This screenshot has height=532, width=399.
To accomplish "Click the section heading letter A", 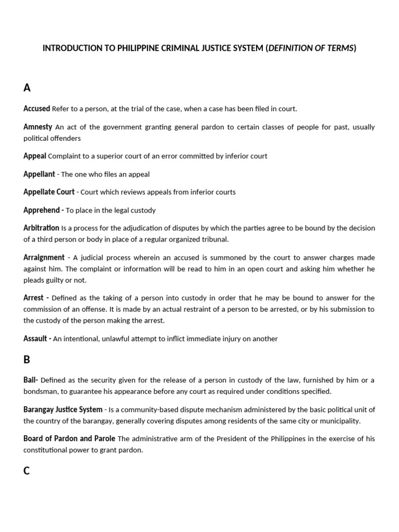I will click(x=27, y=88).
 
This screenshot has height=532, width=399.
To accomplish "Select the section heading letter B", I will click(x=27, y=360).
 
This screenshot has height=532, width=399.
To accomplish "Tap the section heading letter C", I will click(x=27, y=471).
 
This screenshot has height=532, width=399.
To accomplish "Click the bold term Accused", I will click(x=36, y=109).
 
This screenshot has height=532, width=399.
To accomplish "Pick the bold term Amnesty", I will click(x=38, y=127).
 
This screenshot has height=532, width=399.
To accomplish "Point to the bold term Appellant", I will click(x=39, y=174).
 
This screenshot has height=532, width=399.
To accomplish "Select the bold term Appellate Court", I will click(x=49, y=192).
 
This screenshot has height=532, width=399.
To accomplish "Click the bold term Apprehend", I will click(x=43, y=210).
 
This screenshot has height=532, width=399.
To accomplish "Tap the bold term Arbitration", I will click(x=41, y=228).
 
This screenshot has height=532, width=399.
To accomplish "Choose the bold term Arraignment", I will click(x=44, y=257).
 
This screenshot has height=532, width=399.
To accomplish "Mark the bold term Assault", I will click(x=36, y=338).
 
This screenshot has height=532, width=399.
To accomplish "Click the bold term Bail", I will click(x=31, y=380).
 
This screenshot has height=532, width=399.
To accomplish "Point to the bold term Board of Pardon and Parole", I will click(x=69, y=438).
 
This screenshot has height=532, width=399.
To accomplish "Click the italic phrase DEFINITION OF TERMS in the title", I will click(x=311, y=48).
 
